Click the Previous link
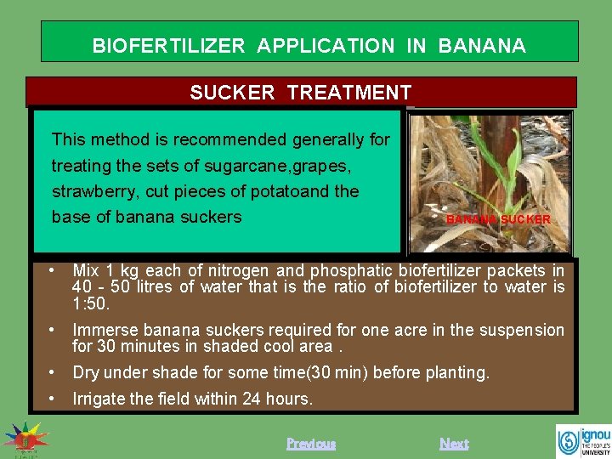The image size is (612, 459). point(311,443)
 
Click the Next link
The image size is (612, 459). point(454,443)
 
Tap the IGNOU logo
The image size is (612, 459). point(582,440)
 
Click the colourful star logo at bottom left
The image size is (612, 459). point(25,439)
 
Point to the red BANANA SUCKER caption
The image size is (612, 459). point(498,219)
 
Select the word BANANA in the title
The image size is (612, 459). point(482,46)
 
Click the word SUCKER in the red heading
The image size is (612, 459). point(232,93)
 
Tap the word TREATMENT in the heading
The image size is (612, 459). point(349,93)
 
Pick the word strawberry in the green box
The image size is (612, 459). point(90,190)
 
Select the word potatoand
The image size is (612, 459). point(286,190)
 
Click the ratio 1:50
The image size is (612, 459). point(91,303)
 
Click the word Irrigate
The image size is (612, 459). point(99,398)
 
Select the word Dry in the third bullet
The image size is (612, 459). point(85,372)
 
